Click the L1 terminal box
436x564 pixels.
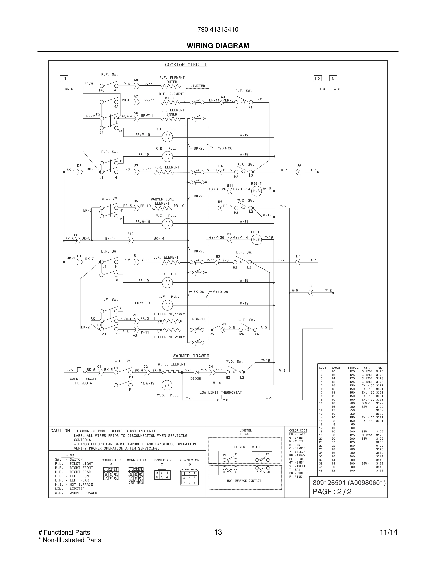coord(64,79)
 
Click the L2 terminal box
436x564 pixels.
coord(318,79)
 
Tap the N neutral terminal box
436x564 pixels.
coord(333,79)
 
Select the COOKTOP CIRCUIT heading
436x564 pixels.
coord(186,65)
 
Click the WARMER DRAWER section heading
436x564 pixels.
coord(191,356)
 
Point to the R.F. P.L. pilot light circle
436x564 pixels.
coord(167,137)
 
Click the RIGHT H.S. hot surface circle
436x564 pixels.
coord(256,191)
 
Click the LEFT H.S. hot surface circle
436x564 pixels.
coord(256,239)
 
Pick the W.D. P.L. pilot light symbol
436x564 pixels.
coord(167,385)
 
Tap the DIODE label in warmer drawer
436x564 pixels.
coord(195,379)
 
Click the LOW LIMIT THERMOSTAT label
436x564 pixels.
coord(221,393)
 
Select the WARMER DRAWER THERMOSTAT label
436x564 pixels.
coord(83,381)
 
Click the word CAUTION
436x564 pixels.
coord(60,431)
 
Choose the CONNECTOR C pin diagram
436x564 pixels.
coord(162,475)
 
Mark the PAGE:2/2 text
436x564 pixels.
coord(332,492)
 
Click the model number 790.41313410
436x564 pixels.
coord(218,29)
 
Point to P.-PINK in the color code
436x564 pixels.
coord(295,477)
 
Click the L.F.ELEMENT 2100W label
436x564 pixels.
coord(167,337)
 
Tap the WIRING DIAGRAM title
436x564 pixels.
coord(218,46)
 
